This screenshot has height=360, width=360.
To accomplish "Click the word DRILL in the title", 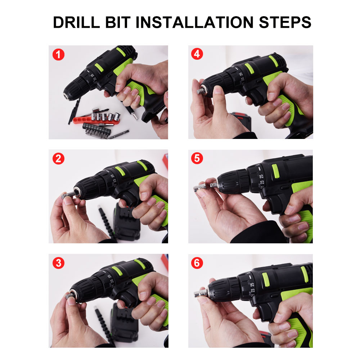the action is click(x=76, y=22).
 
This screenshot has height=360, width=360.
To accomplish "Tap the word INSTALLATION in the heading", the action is click(x=194, y=22).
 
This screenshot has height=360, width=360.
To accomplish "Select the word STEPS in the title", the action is click(x=285, y=22).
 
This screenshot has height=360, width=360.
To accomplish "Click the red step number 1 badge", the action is click(x=58, y=55).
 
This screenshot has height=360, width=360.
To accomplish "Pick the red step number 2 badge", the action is click(x=58, y=159).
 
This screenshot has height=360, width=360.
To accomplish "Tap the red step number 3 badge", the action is click(x=58, y=263).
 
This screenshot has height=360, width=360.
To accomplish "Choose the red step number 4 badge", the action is click(x=197, y=54).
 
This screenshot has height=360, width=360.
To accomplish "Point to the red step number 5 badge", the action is click(x=197, y=158).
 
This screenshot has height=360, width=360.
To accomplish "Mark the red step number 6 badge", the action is click(x=197, y=263).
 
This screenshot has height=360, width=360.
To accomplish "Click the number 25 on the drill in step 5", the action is click(x=261, y=176).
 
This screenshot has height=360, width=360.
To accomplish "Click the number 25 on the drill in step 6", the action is click(x=252, y=284).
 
